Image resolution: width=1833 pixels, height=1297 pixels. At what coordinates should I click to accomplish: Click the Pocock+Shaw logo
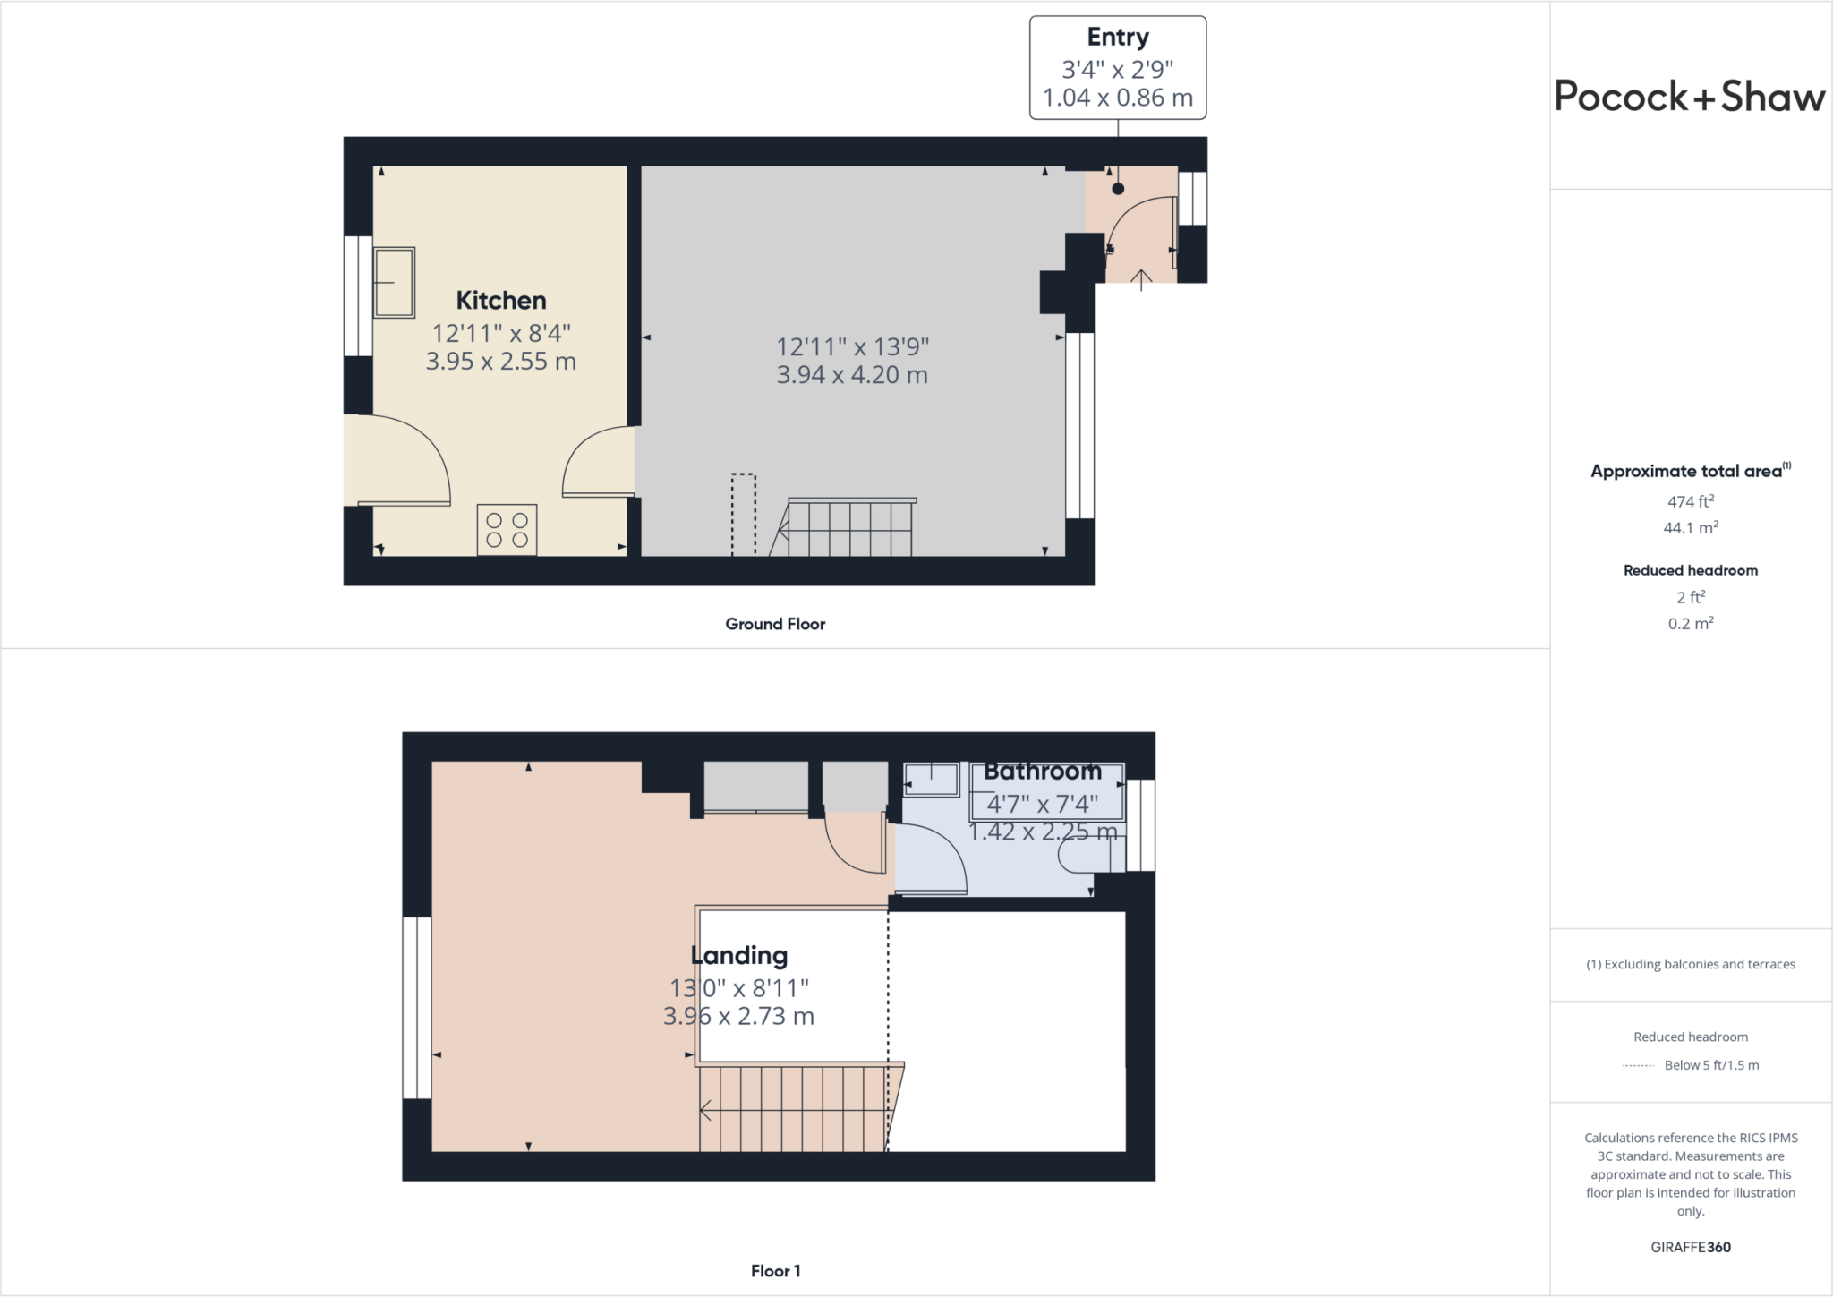tap(1690, 96)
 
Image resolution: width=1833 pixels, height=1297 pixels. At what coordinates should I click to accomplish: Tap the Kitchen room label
tap(501, 300)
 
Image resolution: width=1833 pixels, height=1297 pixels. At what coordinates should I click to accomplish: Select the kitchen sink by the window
tap(394, 283)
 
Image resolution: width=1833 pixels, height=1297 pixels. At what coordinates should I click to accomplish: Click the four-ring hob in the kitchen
tap(507, 530)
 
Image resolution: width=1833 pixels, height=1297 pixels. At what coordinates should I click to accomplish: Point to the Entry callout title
tap(1118, 37)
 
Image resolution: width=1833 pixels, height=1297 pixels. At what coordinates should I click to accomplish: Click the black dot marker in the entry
tap(1118, 189)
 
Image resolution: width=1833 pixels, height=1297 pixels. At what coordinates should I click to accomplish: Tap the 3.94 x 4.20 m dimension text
tap(852, 375)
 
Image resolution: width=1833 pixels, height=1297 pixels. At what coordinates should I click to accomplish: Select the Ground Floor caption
tap(775, 624)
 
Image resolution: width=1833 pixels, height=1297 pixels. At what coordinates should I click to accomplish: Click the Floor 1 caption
tap(775, 1271)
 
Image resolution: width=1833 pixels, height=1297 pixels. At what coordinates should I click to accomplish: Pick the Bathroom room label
tap(1043, 772)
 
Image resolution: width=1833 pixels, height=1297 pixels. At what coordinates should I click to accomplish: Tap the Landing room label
tap(739, 956)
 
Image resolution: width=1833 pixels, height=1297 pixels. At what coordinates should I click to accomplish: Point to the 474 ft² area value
tap(1691, 501)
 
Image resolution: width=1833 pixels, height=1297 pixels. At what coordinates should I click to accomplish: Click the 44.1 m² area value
tap(1691, 528)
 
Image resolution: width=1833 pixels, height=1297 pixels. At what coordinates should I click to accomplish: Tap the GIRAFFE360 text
tap(1691, 1247)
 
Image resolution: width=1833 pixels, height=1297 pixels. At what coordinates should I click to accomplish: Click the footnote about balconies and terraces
tap(1691, 964)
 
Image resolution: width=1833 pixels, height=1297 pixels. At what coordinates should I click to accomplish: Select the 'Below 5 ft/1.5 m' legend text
tap(1711, 1065)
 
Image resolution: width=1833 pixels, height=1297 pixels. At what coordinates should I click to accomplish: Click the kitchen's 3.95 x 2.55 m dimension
tap(501, 362)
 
